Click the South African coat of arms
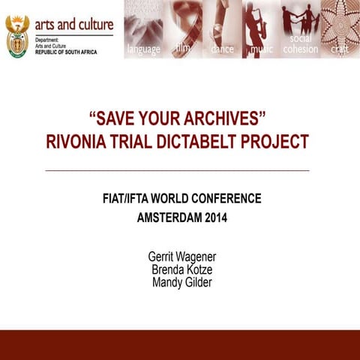pos(17,36)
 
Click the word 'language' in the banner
pos(143,49)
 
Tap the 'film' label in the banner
pos(183,47)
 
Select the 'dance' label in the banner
pos(222,49)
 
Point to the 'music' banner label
pos(262,49)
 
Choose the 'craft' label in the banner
pos(340,49)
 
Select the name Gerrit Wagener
pos(182,257)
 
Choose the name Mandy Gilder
pos(182,283)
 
